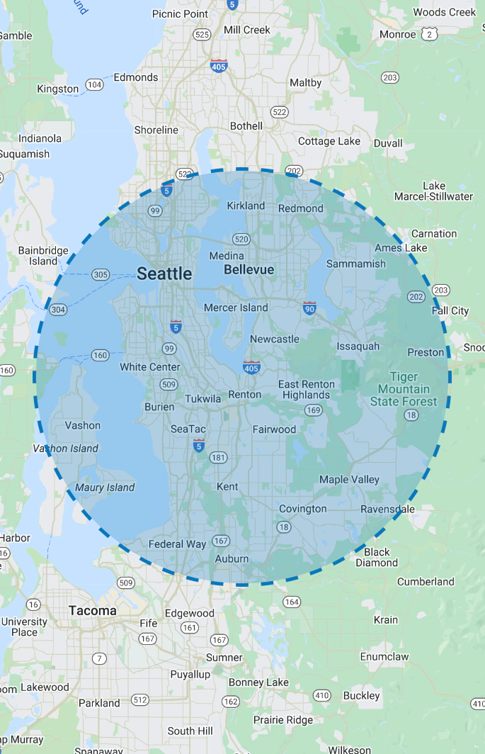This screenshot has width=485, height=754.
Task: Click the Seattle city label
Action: click(164, 274)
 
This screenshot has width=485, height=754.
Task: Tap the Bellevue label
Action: click(249, 270)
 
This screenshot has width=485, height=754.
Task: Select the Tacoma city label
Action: click(93, 610)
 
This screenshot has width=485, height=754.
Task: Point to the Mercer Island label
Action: click(236, 308)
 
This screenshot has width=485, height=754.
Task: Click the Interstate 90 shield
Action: click(309, 308)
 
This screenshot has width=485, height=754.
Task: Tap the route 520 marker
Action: click(241, 239)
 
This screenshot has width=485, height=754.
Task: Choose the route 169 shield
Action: click(314, 410)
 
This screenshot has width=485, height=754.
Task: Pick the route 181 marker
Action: click(219, 458)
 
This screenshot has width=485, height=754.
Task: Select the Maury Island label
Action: click(105, 488)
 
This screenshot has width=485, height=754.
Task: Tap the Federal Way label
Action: click(177, 544)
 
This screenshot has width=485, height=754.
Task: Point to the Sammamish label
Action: click(356, 264)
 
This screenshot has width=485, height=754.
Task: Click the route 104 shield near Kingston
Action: click(94, 85)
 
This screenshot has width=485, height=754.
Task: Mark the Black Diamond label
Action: click(377, 557)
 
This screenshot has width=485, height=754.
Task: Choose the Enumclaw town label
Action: click(384, 656)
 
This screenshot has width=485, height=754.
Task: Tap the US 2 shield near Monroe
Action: click(428, 34)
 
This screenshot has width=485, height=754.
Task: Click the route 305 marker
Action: click(101, 274)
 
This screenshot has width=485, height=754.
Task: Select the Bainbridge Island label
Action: click(43, 256)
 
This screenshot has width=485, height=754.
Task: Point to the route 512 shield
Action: click(140, 700)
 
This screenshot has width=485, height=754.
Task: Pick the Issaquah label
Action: click(358, 347)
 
